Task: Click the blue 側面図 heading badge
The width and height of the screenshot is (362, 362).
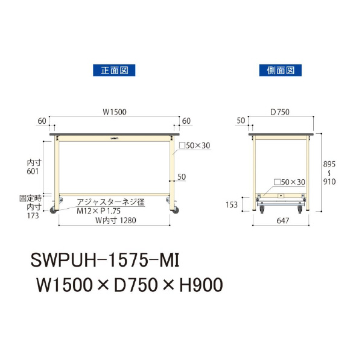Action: click(x=281, y=70)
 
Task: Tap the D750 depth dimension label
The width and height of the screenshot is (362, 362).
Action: click(x=281, y=112)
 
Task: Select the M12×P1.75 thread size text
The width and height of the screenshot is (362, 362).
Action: click(x=100, y=212)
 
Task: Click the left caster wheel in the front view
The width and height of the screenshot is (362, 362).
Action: click(x=53, y=209)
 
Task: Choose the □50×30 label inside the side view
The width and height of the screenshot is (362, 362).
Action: click(x=290, y=182)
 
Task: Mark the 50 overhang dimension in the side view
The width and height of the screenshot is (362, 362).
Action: click(x=241, y=121)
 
